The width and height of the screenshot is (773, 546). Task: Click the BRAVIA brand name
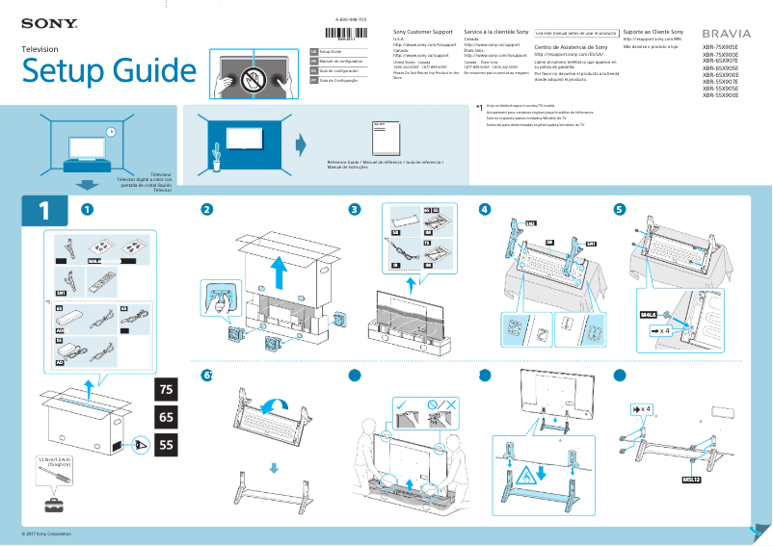726,33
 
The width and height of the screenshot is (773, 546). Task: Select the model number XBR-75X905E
720,46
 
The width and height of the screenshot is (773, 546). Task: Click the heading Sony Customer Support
423,33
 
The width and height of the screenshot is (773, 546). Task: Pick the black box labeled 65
166,417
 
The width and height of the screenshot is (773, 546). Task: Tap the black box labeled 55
166,446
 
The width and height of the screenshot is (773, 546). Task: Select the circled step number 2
206,210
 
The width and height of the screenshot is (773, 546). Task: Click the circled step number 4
485,210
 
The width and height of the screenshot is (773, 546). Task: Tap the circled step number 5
619,210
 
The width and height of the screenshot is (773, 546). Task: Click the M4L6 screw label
648,315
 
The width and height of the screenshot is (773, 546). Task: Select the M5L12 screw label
691,478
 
